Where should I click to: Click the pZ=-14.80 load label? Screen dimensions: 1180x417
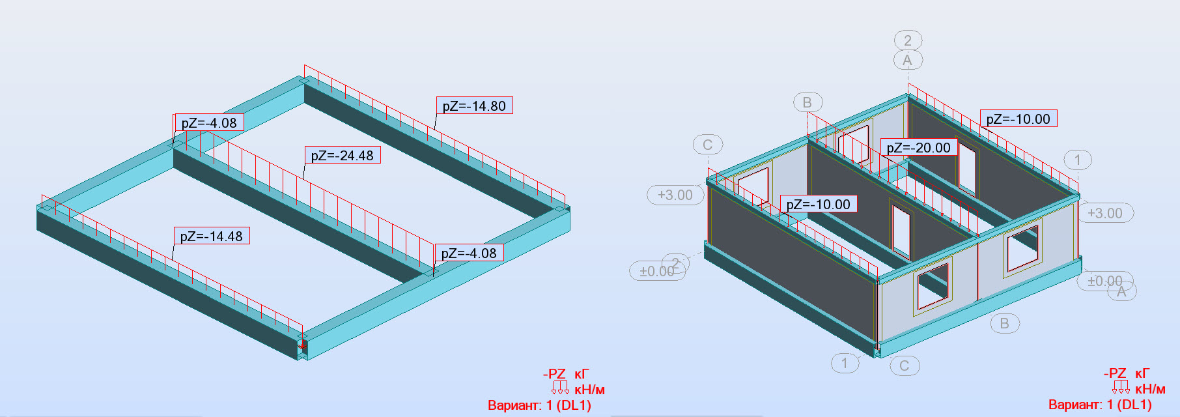[x=474, y=106]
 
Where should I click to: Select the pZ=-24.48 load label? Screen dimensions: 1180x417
[x=343, y=155]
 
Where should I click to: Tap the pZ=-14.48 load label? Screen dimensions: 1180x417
[x=212, y=236]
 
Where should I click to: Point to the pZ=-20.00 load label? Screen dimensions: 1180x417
[x=919, y=147]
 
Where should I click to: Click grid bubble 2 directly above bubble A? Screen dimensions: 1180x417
[x=908, y=40]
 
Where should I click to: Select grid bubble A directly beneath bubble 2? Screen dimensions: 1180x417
[x=908, y=61]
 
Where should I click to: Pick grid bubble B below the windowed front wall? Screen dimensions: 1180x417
[x=1005, y=323]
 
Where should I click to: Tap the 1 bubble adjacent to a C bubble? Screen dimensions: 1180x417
[x=845, y=363]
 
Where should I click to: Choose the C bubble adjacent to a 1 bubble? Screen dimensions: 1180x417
[x=905, y=366]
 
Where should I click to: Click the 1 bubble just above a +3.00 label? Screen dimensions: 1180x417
[x=1078, y=160]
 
